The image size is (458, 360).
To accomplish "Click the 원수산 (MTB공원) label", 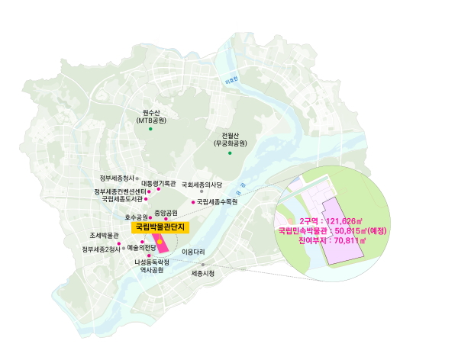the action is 154,117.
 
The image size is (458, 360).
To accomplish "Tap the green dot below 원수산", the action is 151,130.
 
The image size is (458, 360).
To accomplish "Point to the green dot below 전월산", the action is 230,153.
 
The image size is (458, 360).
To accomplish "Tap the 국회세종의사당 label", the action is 202,185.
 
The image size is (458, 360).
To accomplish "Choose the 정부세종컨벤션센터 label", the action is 120,191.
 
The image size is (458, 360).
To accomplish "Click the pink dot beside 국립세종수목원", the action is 193,203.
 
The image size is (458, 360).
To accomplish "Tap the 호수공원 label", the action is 136,217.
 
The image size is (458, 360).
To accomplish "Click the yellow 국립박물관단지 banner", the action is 160,227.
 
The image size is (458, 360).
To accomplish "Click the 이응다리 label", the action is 194,251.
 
